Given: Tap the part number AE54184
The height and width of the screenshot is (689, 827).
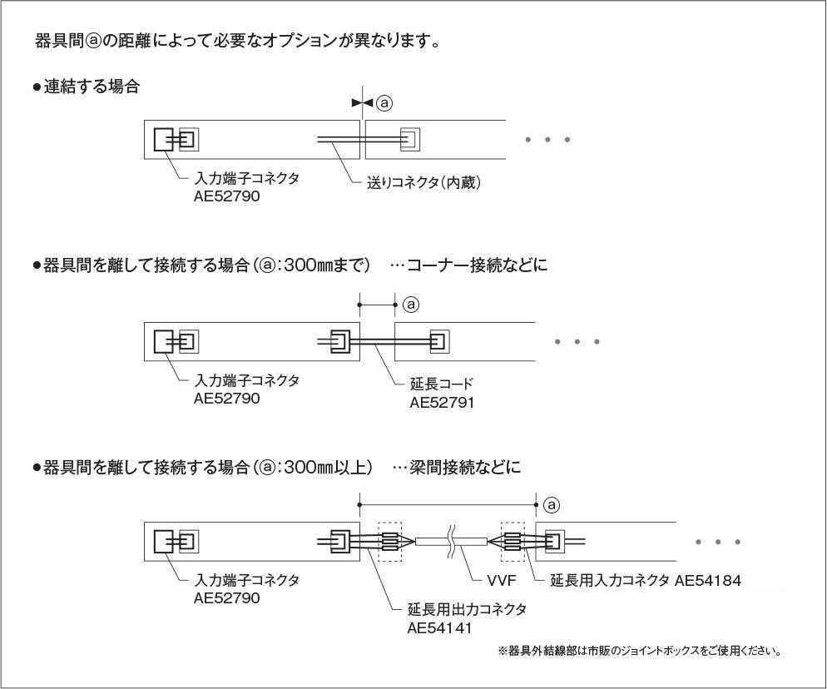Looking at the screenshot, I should tap(708, 580).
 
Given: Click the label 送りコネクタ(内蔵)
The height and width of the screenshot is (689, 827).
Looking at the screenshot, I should tap(424, 182).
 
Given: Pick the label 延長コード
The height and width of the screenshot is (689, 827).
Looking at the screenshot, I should tap(441, 384).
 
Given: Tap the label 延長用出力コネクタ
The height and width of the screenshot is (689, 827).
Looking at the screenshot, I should tap(467, 610).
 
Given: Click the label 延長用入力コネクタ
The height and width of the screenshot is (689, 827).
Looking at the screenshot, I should tap(610, 580).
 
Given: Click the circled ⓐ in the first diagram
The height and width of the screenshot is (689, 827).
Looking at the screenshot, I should tap(384, 102).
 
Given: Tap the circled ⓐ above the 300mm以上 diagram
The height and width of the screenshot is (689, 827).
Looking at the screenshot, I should tap(551, 505).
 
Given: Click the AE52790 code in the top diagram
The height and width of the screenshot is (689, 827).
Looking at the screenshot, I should tap(227, 197).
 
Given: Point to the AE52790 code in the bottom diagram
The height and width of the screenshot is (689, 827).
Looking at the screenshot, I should tap(227, 597).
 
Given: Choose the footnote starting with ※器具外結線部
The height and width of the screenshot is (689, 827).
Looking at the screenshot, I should tap(639, 651).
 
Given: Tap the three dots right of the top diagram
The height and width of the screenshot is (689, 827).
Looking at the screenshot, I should tap(547, 140).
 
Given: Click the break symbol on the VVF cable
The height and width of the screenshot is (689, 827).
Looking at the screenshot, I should tap(452, 541).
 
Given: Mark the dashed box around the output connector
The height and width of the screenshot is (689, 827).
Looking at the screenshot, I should tap(389, 541).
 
